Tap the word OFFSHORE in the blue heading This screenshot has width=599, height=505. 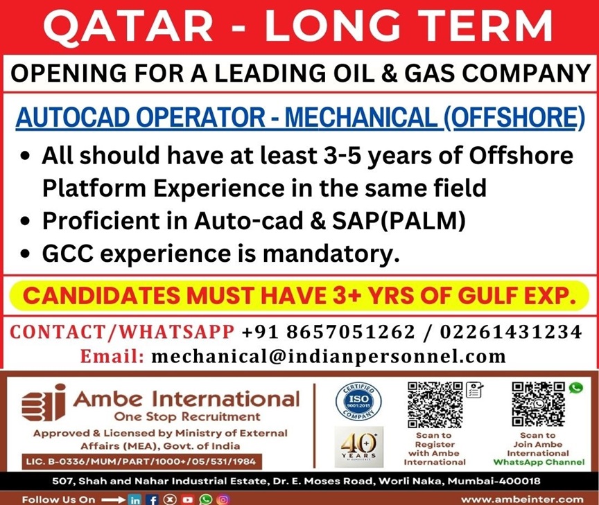pyautogui.click(x=515, y=117)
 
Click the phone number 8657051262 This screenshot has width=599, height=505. pyautogui.click(x=351, y=331)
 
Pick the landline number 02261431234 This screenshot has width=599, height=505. pyautogui.click(x=511, y=331)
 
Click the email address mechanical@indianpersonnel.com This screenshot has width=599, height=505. pyautogui.click(x=329, y=357)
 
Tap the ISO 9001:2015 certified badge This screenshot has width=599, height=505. pyautogui.click(x=358, y=402)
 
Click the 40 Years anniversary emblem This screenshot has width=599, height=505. pyautogui.click(x=358, y=447)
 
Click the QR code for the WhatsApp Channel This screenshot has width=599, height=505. pyautogui.click(x=538, y=404)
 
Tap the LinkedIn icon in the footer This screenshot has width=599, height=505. pyautogui.click(x=135, y=499)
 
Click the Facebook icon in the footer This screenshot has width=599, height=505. pyautogui.click(x=153, y=499)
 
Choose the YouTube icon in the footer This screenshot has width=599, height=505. pyautogui.click(x=188, y=499)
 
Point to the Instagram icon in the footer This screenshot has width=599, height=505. pyautogui.click(x=223, y=499)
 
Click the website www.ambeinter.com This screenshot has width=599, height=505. pyautogui.click(x=522, y=499)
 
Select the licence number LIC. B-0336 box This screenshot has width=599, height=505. pyautogui.click(x=141, y=461)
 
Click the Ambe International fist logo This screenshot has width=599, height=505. pyautogui.click(x=43, y=402)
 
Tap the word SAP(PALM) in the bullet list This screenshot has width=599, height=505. pyautogui.click(x=399, y=221)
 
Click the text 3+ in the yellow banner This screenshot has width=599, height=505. pyautogui.click(x=347, y=295)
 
